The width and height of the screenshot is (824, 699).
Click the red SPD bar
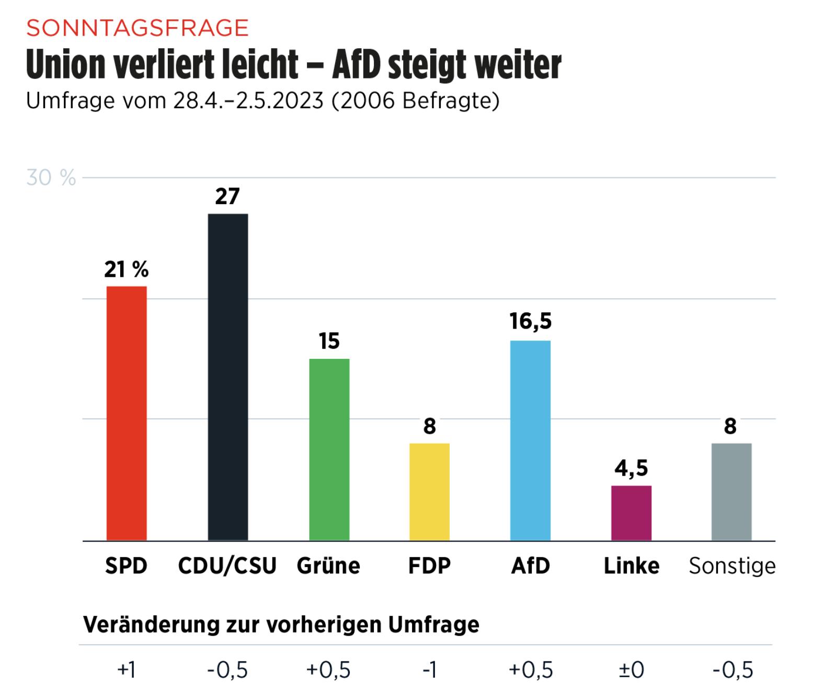[x=127, y=413]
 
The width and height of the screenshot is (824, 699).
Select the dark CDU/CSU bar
[x=228, y=377]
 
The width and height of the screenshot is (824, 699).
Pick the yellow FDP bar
[x=429, y=492]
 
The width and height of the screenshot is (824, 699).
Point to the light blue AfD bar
[x=530, y=440]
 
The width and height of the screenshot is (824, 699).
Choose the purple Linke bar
[x=631, y=513]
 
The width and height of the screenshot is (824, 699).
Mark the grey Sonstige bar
[x=731, y=492]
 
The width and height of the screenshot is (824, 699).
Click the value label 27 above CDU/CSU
[x=227, y=197]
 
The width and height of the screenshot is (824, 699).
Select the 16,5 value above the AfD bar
[x=530, y=321]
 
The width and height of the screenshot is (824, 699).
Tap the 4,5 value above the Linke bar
[x=631, y=468]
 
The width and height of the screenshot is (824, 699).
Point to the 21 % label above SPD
[x=127, y=269]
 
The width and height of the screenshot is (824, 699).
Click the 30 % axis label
[x=51, y=178]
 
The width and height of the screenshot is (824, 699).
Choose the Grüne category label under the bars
[x=328, y=566]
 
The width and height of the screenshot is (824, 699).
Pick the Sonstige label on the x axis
[x=732, y=566]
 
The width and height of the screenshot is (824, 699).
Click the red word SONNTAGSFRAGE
[x=138, y=28]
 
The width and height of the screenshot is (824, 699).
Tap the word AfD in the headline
[x=357, y=65]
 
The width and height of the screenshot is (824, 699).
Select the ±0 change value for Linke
[x=631, y=670]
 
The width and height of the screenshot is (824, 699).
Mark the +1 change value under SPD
[x=127, y=670]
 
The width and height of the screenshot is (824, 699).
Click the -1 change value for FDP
[x=429, y=670]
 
